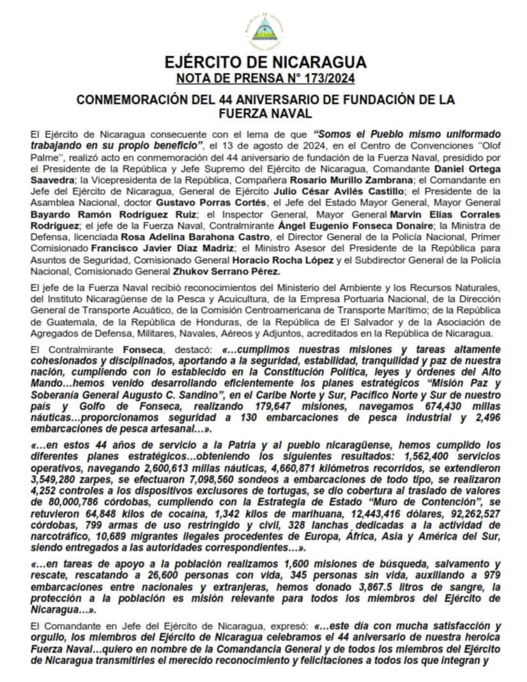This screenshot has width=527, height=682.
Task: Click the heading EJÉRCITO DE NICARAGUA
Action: pos(265,63)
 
